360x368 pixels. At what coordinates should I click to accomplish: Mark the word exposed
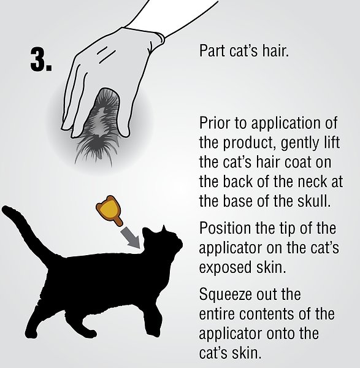[223, 269]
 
